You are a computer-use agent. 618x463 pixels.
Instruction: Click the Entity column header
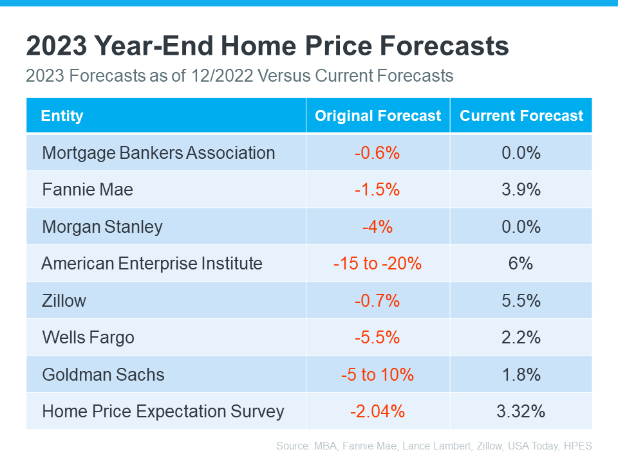tap(62, 116)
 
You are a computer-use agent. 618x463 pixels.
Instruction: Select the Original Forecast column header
tap(378, 116)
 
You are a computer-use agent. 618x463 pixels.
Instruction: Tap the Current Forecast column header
tap(521, 116)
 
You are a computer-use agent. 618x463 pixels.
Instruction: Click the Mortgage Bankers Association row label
tap(158, 153)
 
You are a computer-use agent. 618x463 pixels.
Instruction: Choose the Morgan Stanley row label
tap(102, 227)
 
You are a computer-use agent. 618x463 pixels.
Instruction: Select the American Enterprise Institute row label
tap(152, 264)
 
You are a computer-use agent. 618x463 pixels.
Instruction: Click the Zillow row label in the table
tap(64, 300)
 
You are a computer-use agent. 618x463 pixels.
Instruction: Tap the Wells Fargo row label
tap(88, 338)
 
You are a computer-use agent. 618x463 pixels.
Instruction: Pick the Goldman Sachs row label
tap(103, 374)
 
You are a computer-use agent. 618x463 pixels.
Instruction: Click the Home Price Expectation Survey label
tap(163, 412)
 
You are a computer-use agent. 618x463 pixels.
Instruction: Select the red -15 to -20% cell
tap(377, 264)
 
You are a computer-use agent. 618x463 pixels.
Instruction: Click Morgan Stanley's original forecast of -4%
tap(377, 227)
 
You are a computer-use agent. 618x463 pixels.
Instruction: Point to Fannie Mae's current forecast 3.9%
tap(521, 190)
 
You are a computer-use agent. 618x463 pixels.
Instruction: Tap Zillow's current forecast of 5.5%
tap(521, 300)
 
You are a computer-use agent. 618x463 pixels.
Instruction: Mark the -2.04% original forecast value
tap(377, 412)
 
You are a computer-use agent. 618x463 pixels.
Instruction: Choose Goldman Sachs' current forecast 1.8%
tap(521, 374)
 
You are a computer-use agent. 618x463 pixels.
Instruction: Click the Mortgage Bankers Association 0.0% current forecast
tap(521, 153)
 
